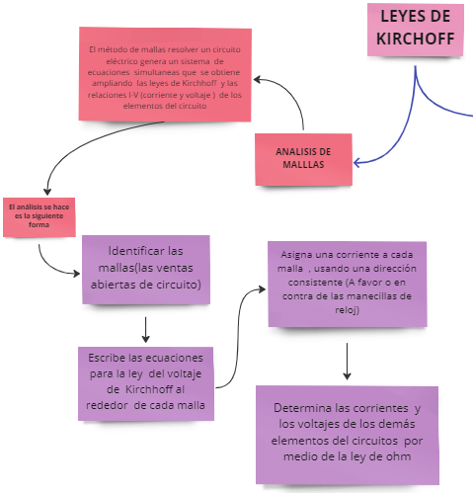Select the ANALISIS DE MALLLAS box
(x=303, y=159)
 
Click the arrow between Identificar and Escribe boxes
(x=146, y=328)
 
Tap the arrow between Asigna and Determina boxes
(x=348, y=362)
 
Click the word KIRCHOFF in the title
(x=416, y=41)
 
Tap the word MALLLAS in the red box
(x=303, y=166)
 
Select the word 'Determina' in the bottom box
(x=303, y=408)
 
